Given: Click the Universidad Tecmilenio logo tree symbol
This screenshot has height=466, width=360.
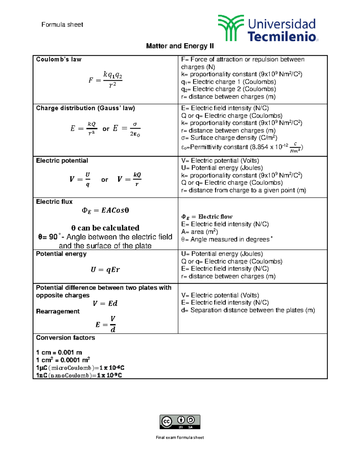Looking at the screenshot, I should (230, 28).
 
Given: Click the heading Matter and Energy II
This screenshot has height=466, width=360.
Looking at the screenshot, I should (180, 46).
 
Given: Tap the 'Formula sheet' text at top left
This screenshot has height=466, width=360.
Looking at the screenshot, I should (62, 25).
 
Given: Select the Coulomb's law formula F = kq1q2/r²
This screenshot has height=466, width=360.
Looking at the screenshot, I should (105, 80).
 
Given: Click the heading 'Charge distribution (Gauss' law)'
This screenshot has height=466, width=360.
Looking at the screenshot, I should (85, 108).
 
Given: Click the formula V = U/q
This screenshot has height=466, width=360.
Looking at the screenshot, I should (80, 179).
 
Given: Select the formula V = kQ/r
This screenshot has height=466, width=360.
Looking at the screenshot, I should (129, 179).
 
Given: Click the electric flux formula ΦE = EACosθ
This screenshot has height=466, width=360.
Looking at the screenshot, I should (105, 210).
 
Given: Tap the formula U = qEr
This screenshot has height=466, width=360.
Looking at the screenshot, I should (105, 270).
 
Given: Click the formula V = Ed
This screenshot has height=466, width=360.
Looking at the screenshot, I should (105, 303).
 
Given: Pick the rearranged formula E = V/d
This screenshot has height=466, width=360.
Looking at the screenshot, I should (106, 324).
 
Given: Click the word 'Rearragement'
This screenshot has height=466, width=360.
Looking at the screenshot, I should (58, 311).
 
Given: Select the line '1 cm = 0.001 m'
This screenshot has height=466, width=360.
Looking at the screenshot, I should (59, 352).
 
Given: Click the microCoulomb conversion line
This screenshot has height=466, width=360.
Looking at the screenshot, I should (80, 368).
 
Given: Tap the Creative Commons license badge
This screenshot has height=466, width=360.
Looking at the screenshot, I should (180, 422).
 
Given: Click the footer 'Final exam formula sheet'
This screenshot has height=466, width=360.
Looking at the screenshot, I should (180, 437).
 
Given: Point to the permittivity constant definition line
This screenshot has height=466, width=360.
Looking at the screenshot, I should (242, 147).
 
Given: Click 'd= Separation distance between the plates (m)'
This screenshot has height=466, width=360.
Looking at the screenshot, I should (248, 310).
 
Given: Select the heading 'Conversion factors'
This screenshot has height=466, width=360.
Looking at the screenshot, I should (65, 338).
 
